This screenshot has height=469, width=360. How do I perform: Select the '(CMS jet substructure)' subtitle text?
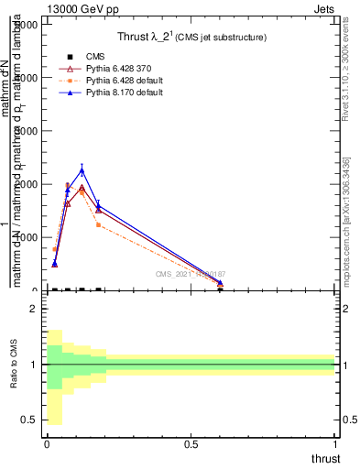219,38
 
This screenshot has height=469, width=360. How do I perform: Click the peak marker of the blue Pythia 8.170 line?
82,170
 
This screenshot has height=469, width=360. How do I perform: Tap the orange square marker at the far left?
55,249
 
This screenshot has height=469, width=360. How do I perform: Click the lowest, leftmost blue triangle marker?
55,264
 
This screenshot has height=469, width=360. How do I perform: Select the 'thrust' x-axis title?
324,458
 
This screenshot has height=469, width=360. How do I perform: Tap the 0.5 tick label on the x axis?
191,443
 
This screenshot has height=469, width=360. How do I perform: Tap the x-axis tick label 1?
335,443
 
